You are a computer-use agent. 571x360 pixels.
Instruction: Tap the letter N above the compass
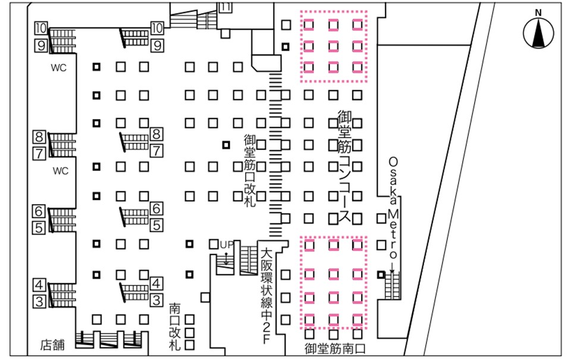[x=538, y=12]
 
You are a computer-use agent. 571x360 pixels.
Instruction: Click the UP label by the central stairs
[x=226, y=245]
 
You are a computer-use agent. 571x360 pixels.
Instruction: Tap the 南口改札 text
[x=174, y=327]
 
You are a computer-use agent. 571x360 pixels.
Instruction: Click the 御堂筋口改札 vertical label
[x=249, y=169]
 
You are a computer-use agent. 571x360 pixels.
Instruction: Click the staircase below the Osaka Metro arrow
[x=393, y=285]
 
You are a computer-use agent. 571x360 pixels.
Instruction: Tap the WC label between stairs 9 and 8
[x=58, y=68]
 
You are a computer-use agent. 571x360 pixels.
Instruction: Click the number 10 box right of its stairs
[x=157, y=27]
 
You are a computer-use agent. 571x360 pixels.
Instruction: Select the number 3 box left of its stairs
[x=39, y=301]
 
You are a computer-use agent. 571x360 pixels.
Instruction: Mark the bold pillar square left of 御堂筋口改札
[x=225, y=145]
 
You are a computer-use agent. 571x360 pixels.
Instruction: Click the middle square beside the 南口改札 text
[x=190, y=332]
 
